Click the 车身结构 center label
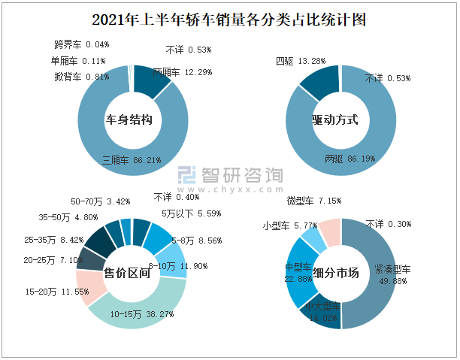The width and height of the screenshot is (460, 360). [132, 119]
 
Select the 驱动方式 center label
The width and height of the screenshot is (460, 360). [335, 119]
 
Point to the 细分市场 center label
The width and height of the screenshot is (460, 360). [335, 273]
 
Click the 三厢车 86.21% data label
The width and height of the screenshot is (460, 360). [132, 160]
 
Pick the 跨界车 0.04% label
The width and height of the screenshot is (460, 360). [81, 45]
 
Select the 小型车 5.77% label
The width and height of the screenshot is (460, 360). [290, 225]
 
